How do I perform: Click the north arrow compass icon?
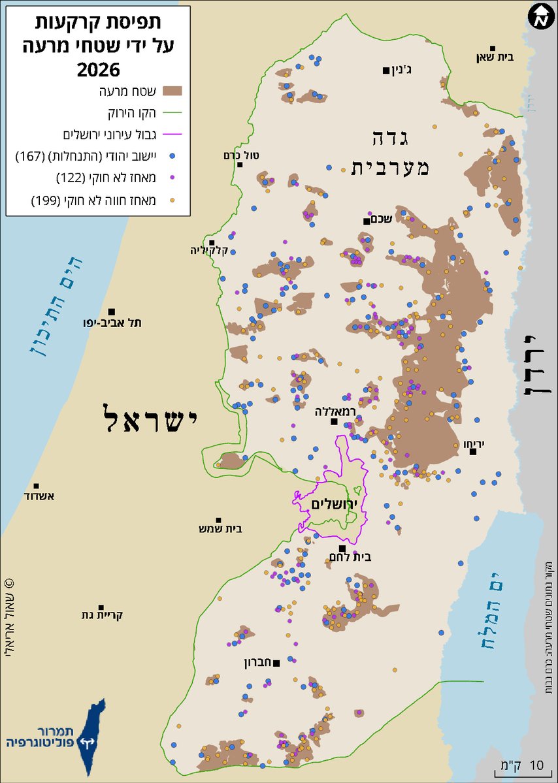540,18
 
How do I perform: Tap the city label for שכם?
380,219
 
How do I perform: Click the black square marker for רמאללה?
334,422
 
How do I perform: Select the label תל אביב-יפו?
120,323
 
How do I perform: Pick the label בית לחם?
357,557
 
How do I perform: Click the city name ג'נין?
406,71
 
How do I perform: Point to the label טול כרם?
241,155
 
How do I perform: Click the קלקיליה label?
206,250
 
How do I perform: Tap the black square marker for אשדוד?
37,487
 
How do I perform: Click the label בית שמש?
220,529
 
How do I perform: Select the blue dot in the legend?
172,157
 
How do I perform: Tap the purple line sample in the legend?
173,135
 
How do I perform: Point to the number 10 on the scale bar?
536,765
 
